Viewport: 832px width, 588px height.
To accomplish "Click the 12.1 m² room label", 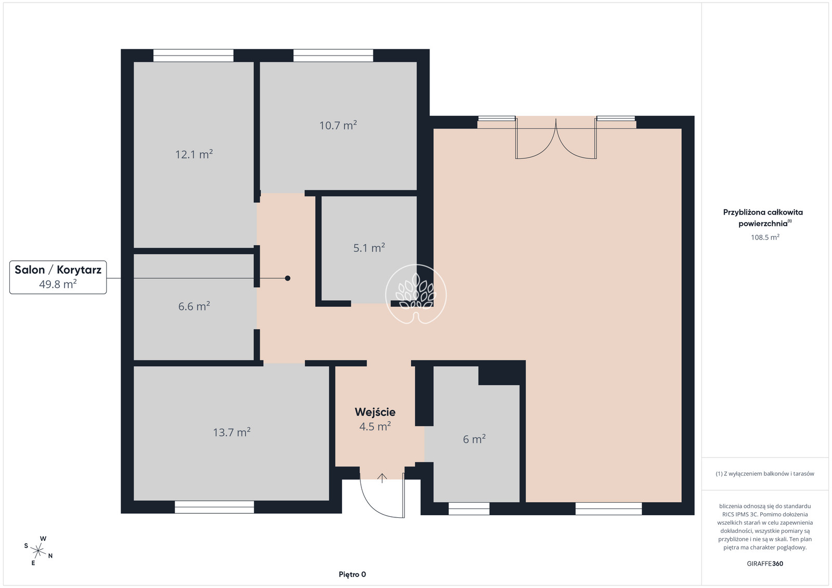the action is pos(194,154).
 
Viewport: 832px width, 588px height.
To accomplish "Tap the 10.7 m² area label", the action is pos(338,125).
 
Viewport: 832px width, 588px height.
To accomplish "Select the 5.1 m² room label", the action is pos(369,247).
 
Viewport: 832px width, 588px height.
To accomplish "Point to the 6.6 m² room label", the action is pos(194,306).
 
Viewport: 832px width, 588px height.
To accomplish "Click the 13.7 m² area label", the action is pos(231,432).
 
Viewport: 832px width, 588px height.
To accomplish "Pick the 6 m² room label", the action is pos(474,439).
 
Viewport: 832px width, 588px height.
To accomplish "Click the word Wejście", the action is pos(375,412).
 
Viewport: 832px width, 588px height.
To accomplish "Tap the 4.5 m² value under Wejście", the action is pos(375,426).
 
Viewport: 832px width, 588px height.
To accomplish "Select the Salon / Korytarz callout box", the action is pos(58,277).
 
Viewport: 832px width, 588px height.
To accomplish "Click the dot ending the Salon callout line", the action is pos(288,278).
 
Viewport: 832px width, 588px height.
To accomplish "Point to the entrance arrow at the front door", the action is pos(382,478).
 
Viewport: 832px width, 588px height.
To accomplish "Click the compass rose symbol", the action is pos(38,551).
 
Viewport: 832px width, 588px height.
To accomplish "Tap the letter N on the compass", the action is pos(50,556).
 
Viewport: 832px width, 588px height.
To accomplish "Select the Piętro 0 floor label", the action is pos(352,574).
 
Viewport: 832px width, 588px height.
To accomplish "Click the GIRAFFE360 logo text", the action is pos(765,564).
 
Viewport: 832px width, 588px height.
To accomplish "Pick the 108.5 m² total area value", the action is pos(765,237).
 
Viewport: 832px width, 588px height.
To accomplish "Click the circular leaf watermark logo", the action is pos(416,294).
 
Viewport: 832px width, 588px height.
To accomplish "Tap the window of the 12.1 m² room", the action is pos(193,55).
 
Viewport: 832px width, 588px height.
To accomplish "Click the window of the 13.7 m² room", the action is pos(214,507).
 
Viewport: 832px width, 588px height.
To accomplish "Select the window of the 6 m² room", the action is pos(469,509).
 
